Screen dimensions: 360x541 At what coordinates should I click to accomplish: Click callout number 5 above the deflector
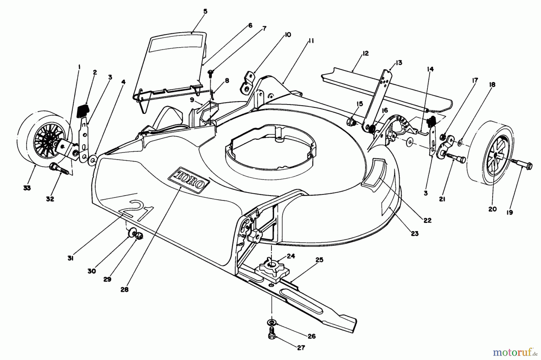coord(205,12)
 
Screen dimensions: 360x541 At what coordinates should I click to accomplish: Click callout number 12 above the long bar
coord(365,53)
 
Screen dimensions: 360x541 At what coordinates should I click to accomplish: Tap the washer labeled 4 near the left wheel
coord(93,158)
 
